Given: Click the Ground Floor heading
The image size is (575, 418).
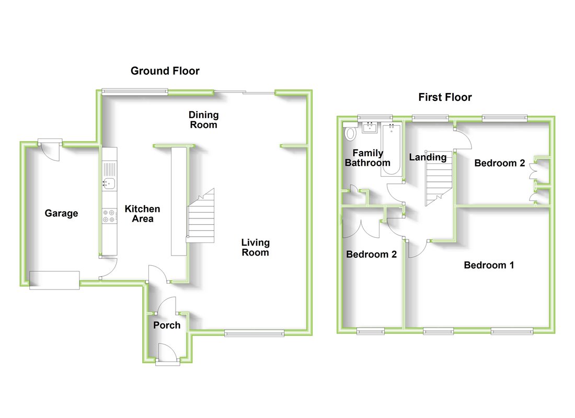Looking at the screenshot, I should click(x=165, y=71).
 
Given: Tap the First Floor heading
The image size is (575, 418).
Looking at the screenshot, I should click(x=445, y=97).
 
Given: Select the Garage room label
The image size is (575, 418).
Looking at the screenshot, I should click(x=61, y=213).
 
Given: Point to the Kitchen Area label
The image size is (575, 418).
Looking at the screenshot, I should click(x=142, y=214).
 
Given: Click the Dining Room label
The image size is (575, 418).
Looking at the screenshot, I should click(x=203, y=120).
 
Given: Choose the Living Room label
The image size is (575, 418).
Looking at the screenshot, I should click(x=256, y=247).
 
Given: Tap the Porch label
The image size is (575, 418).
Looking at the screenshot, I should click(x=167, y=326).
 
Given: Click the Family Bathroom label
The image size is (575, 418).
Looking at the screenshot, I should click(x=367, y=158).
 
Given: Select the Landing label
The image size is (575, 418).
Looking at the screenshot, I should click(x=428, y=157).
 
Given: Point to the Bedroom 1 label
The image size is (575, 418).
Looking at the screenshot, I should click(x=489, y=265).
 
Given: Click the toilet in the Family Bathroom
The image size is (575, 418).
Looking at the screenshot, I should click(x=350, y=132).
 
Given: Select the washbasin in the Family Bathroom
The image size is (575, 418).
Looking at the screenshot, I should click(x=371, y=127).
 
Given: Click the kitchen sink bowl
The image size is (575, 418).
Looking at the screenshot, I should click(x=109, y=182).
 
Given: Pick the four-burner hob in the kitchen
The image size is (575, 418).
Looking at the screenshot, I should click(x=109, y=216).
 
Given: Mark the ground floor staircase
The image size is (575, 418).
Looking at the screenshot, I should click(x=202, y=219).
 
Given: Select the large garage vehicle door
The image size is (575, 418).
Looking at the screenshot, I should click(x=54, y=280).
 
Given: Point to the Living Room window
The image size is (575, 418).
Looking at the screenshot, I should click(x=254, y=333).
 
